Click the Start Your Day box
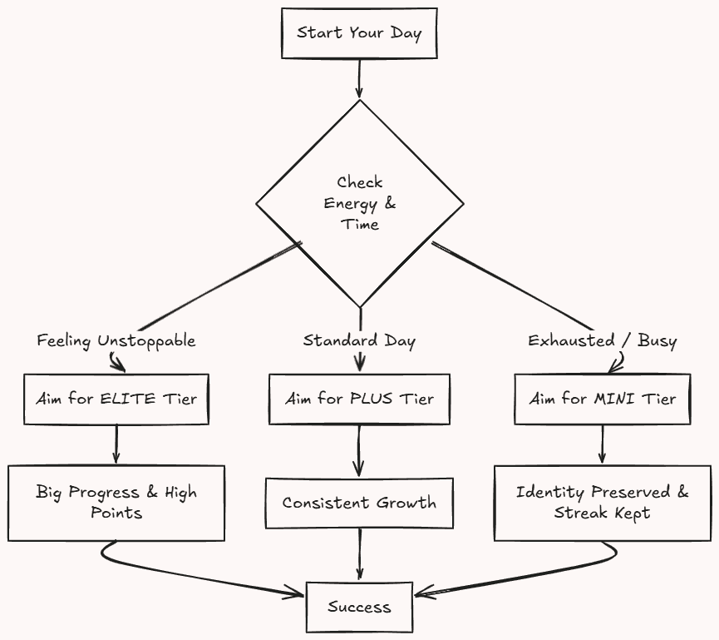(x=359, y=33)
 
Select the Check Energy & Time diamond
(x=359, y=203)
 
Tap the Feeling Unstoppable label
(x=116, y=341)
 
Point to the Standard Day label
(x=359, y=340)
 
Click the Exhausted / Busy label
(x=603, y=340)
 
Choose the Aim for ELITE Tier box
(x=116, y=398)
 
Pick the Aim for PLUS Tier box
(x=359, y=399)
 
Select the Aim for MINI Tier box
(x=602, y=399)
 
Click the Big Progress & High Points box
(x=116, y=502)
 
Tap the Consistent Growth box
(x=359, y=503)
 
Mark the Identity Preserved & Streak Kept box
(x=602, y=502)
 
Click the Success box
(x=359, y=607)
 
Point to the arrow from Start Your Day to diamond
(x=359, y=79)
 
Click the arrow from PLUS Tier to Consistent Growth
(x=359, y=450)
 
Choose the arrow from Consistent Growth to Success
(x=359, y=553)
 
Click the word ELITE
(x=127, y=399)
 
